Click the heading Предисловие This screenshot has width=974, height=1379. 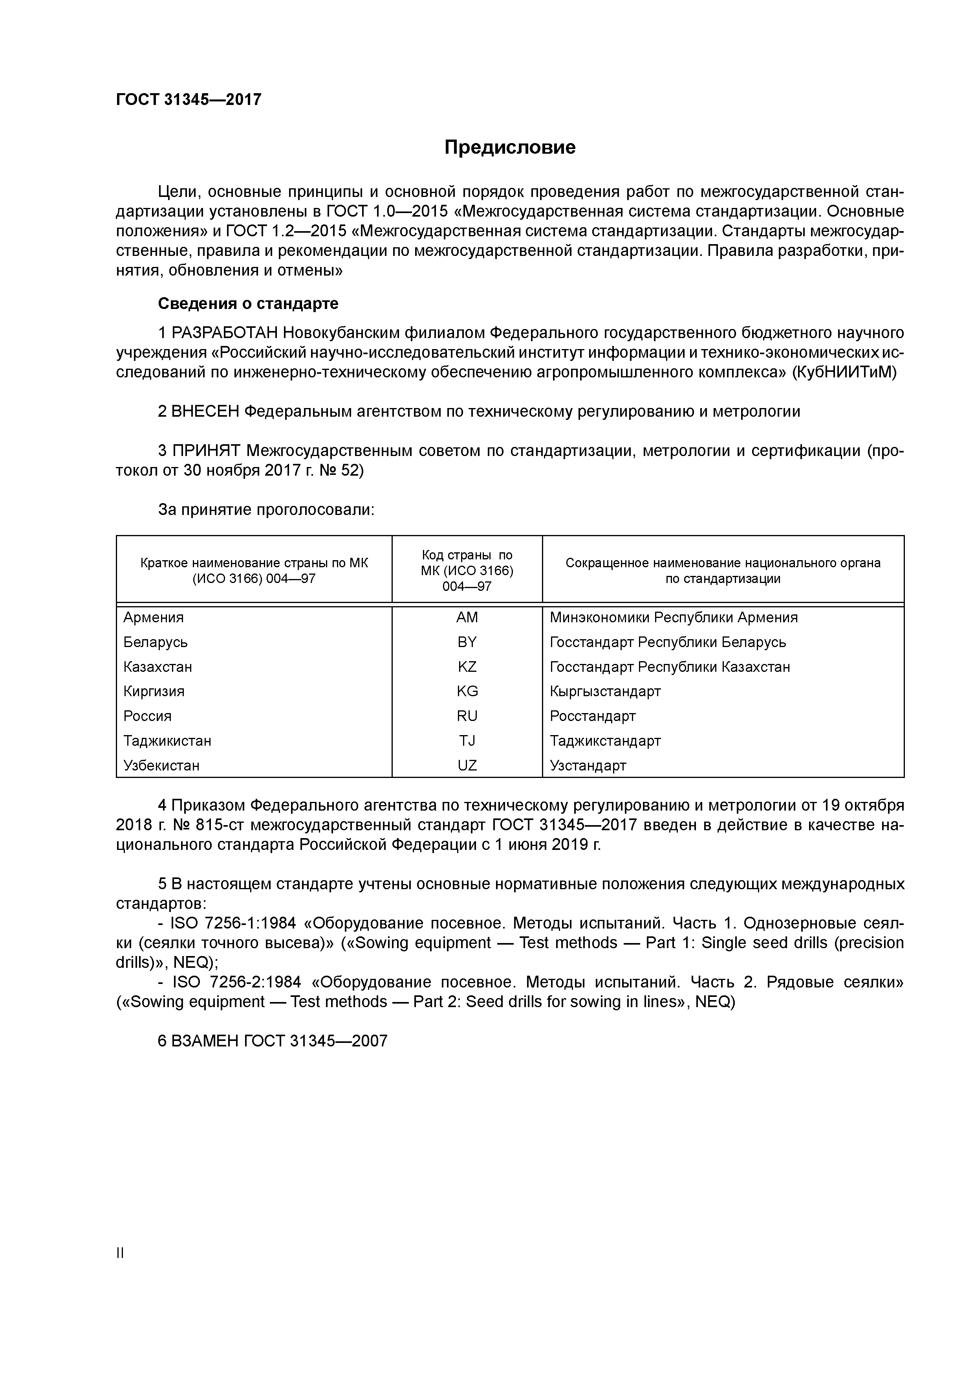[509, 147]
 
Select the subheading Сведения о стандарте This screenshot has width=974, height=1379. [248, 303]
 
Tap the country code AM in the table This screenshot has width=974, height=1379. [467, 618]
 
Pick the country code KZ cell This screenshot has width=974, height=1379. [467, 667]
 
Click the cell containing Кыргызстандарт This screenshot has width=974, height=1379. [605, 691]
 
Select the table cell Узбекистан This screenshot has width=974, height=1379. [161, 766]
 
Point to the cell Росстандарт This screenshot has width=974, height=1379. [592, 716]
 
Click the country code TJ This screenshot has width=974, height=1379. [467, 741]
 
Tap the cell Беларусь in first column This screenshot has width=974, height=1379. [156, 642]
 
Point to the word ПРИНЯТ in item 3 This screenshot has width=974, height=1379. [206, 451]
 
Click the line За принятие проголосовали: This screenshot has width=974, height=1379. [266, 510]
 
